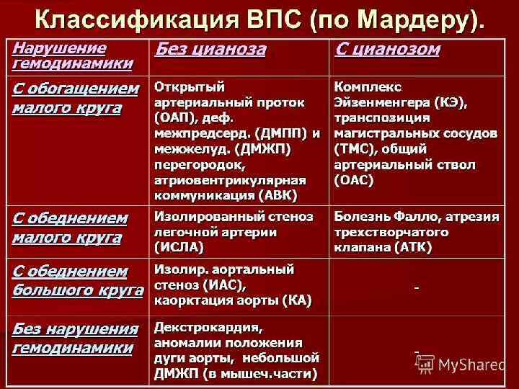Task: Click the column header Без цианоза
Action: click(210, 50)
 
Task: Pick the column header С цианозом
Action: click(387, 50)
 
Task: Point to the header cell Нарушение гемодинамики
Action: click(72, 55)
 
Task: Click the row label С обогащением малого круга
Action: click(76, 98)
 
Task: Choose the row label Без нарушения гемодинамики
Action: click(75, 339)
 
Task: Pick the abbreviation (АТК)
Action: click(413, 247)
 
